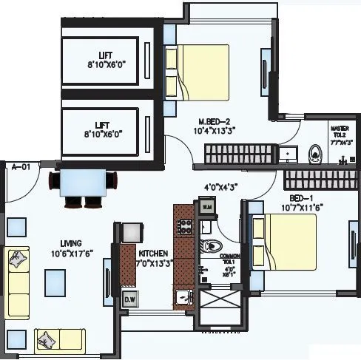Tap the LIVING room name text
coord(71,242)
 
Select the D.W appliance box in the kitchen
coord(129,299)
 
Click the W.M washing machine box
coord(207,208)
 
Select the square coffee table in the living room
coord(54,280)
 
